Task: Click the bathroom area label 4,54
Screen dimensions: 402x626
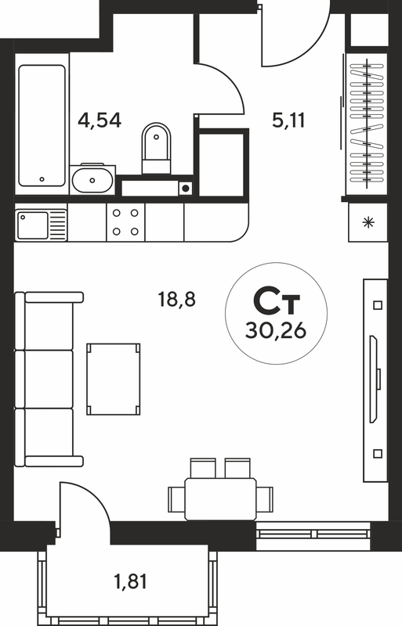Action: pyautogui.click(x=100, y=121)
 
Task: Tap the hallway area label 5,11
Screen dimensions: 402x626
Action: pyautogui.click(x=288, y=120)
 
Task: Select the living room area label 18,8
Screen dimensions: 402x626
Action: pyautogui.click(x=177, y=299)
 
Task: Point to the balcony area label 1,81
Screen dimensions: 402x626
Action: pyautogui.click(x=130, y=581)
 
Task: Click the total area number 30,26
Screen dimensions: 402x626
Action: pyautogui.click(x=276, y=330)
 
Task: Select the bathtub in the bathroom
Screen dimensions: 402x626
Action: pyautogui.click(x=42, y=125)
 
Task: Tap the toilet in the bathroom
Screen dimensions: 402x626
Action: pyautogui.click(x=156, y=148)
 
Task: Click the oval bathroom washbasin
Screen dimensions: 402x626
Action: pyautogui.click(x=92, y=180)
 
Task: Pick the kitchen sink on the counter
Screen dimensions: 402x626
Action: pyautogui.click(x=41, y=225)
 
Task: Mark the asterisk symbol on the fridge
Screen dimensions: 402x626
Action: pyautogui.click(x=368, y=223)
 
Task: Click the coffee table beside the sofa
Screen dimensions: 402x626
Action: pyautogui.click(x=113, y=379)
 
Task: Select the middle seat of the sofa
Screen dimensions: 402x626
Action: pyautogui.click(x=49, y=380)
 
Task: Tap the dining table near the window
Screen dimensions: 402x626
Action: pyautogui.click(x=220, y=499)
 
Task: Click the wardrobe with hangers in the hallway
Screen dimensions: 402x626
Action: pyautogui.click(x=367, y=124)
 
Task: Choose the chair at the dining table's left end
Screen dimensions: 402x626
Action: pyautogui.click(x=176, y=499)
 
